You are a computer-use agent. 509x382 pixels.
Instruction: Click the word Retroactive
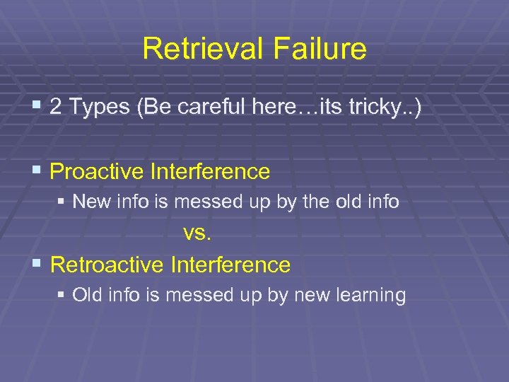108,265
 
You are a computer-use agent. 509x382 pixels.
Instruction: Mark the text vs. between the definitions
197,233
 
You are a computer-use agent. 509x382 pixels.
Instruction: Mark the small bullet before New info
62,203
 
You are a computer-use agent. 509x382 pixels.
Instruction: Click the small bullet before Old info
62,296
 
